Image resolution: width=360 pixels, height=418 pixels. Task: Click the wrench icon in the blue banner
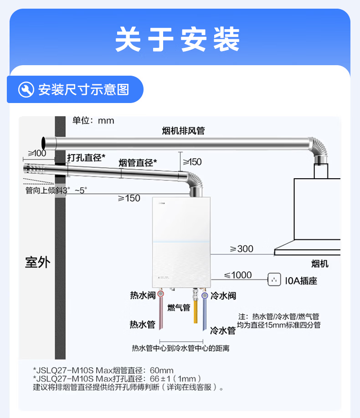click(x=26, y=89)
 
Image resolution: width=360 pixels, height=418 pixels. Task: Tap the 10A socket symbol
click(x=274, y=279)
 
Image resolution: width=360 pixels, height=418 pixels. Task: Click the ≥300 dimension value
click(x=242, y=249)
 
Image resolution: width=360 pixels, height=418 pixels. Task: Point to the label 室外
click(x=37, y=262)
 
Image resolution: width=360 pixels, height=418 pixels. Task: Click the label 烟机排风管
click(x=183, y=131)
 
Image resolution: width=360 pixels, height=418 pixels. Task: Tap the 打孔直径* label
click(x=86, y=158)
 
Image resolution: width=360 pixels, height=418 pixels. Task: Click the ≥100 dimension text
click(x=37, y=153)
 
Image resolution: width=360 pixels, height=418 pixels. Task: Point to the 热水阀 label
click(x=143, y=295)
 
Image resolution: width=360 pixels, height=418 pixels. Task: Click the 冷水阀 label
click(x=223, y=295)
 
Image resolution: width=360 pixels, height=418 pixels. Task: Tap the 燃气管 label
click(x=179, y=308)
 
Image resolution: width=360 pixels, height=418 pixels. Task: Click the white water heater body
click(x=182, y=242)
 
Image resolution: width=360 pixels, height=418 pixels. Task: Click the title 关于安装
click(x=178, y=40)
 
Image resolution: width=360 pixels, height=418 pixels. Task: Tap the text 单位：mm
click(x=93, y=121)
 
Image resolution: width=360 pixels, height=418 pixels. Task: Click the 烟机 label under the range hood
click(x=319, y=264)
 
